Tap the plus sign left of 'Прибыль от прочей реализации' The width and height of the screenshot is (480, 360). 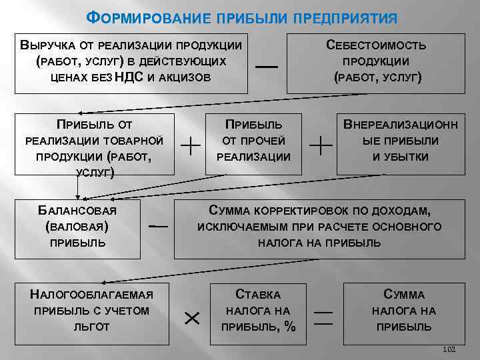pyautogui.click(x=192, y=145)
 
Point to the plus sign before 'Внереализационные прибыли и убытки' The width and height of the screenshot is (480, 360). pyautogui.click(x=322, y=145)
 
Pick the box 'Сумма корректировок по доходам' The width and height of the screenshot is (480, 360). pyautogui.click(x=319, y=227)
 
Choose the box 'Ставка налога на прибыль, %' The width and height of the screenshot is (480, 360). pyautogui.click(x=259, y=311)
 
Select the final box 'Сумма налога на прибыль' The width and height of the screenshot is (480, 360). pyautogui.click(x=404, y=311)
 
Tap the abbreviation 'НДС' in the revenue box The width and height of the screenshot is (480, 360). pyautogui.click(x=130, y=77)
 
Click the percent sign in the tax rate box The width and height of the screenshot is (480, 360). pyautogui.click(x=289, y=327)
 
